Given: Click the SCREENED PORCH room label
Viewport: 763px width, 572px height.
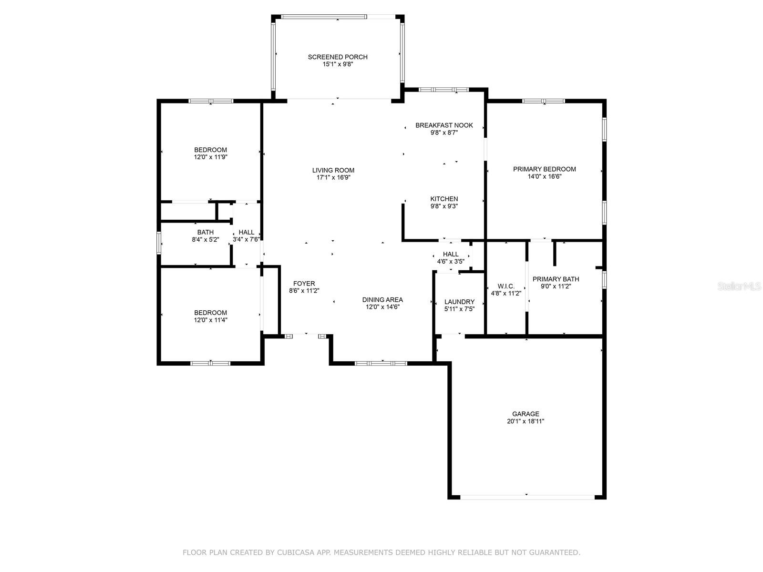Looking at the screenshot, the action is click(338, 57).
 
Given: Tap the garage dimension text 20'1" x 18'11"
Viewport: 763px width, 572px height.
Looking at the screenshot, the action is click(525, 421).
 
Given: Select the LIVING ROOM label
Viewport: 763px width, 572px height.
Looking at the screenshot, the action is click(333, 170).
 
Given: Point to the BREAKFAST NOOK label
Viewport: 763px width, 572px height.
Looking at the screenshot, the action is click(444, 125).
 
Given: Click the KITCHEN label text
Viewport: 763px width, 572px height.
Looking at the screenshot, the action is click(444, 199).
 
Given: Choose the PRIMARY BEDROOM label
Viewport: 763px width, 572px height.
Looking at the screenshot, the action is click(545, 169).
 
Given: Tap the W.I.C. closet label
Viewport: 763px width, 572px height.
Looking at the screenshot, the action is click(506, 286).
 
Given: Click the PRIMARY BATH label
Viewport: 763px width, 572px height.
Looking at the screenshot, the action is click(556, 279).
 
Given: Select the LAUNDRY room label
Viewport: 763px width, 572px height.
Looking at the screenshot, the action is click(459, 302).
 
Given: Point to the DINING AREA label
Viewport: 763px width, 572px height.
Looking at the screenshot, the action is click(382, 300).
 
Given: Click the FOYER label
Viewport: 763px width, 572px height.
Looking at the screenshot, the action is click(304, 284).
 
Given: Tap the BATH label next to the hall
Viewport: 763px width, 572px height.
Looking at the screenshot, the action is click(205, 232).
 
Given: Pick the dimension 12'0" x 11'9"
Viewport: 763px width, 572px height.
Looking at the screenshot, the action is click(210, 157).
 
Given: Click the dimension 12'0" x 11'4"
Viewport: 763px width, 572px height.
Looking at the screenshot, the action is click(210, 320).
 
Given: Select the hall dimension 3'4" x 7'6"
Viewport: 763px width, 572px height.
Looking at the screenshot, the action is click(246, 239).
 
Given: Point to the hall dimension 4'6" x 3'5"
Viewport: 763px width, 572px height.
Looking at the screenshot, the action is click(451, 261).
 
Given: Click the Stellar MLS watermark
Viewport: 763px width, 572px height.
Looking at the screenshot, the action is click(739, 286).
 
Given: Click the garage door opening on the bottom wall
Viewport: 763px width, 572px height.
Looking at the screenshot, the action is click(527, 497).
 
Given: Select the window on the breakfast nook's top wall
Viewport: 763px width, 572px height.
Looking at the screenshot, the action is click(443, 90).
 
